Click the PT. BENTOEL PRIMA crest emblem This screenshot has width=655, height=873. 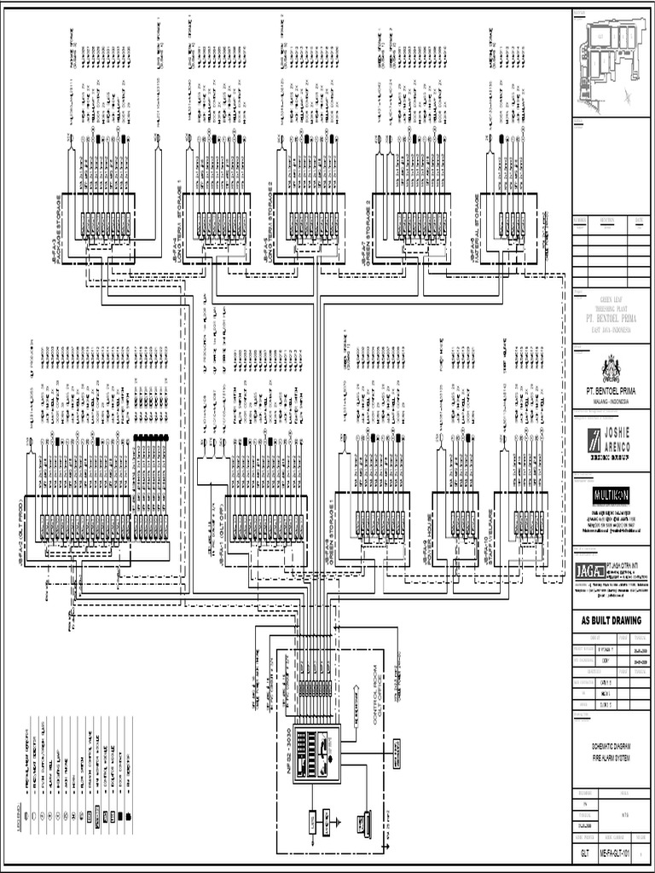(611, 368)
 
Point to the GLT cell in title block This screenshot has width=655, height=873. (584, 853)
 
